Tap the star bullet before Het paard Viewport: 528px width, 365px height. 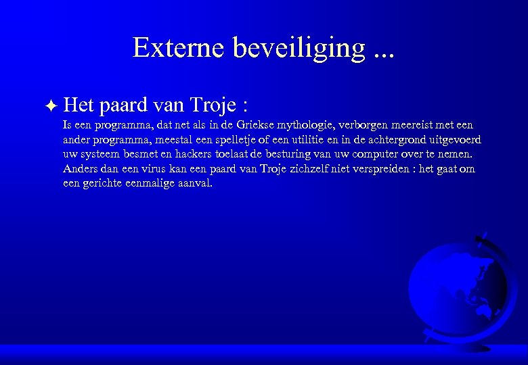pyautogui.click(x=53, y=105)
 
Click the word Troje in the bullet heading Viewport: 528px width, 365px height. pyautogui.click(x=213, y=105)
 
